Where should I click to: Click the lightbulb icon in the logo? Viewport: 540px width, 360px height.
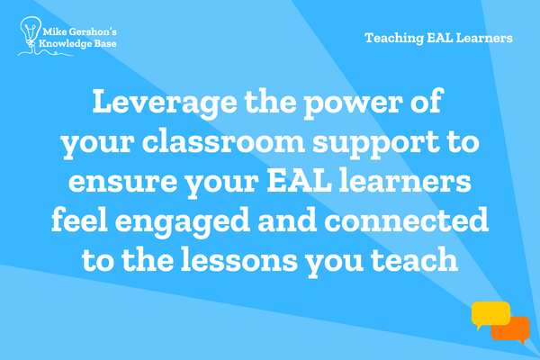[31, 31]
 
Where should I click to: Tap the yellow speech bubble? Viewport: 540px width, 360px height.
[490, 314]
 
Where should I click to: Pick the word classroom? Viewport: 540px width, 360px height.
[223, 141]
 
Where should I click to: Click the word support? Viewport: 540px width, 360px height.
[376, 143]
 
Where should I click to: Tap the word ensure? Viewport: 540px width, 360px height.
[122, 182]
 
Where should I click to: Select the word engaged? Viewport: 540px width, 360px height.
[182, 222]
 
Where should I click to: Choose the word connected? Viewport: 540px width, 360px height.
[407, 220]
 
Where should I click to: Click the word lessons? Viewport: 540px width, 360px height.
[239, 259]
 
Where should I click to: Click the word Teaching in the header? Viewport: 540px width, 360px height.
[394, 38]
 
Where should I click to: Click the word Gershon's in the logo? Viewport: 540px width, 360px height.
[93, 32]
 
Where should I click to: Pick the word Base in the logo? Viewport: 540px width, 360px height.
[105, 44]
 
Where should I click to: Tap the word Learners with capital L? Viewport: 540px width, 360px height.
[484, 38]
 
